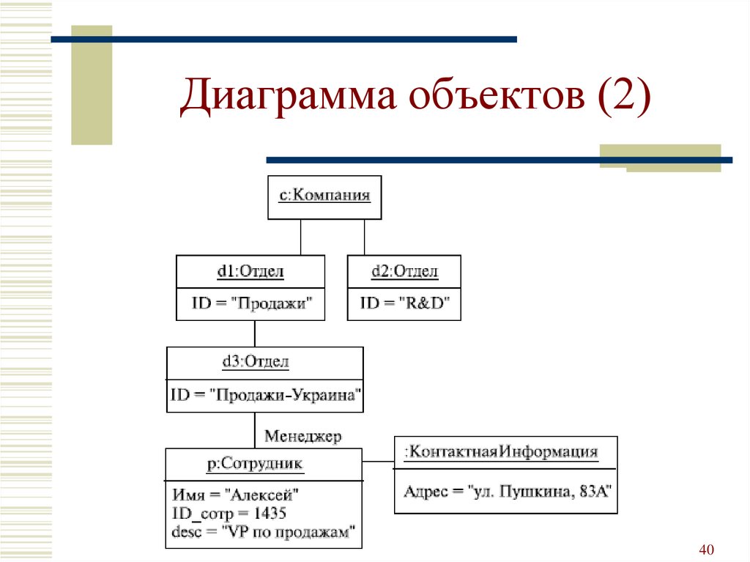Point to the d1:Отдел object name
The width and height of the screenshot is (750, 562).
(x=250, y=272)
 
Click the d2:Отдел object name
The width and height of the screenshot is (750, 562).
(x=404, y=272)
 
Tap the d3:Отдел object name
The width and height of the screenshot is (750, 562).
(x=255, y=361)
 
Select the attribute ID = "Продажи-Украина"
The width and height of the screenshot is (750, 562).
(x=266, y=395)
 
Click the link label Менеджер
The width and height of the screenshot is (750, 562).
(x=302, y=437)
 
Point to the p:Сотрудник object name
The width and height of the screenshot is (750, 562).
(x=255, y=463)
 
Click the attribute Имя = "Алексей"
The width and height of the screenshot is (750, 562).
(x=236, y=495)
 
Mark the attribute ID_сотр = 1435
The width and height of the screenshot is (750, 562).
(x=229, y=513)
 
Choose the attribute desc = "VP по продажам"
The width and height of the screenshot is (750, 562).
(x=264, y=532)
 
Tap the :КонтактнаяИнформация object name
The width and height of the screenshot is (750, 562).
(x=504, y=451)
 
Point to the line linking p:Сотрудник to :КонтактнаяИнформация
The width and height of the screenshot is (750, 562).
(x=378, y=462)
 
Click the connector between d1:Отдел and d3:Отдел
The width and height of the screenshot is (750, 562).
(x=255, y=333)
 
